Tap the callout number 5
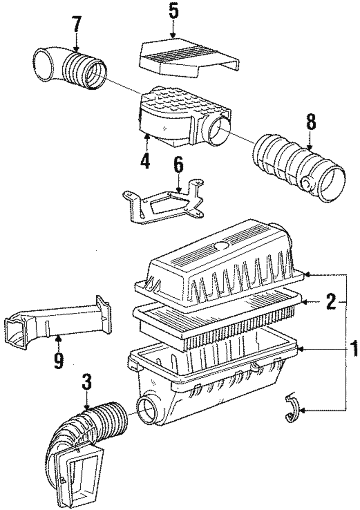[173, 12]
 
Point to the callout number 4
[145, 161]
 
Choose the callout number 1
[354, 348]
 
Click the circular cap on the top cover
[221, 246]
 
